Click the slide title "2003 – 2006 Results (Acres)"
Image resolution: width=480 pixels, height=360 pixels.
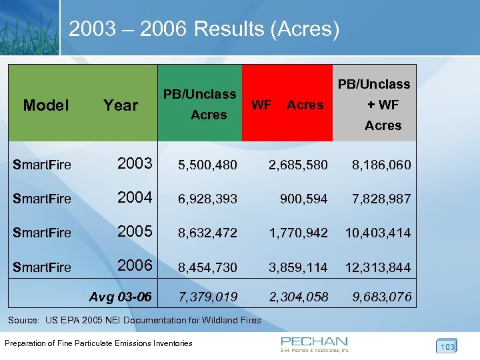point(204,29)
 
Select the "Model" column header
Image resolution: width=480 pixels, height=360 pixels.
point(45,105)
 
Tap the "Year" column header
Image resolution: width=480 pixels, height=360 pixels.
point(121,105)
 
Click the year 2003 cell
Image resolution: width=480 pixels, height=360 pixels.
point(135,163)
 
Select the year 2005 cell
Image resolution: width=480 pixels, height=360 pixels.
point(135,232)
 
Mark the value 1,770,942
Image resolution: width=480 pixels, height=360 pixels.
point(298,233)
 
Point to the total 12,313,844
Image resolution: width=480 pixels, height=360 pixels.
point(378,268)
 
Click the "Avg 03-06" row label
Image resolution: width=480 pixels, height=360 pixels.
point(120,296)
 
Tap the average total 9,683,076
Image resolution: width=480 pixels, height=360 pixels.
point(383,297)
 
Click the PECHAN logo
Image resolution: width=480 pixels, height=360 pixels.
point(315,343)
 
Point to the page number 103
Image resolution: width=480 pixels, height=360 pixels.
point(447,347)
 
